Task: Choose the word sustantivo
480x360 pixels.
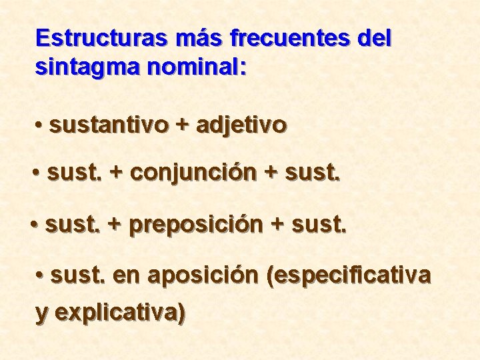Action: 109,125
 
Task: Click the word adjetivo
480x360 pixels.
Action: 241,125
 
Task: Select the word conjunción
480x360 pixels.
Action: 193,173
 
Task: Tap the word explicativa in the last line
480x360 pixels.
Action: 120,312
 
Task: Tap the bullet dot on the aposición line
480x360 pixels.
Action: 41,275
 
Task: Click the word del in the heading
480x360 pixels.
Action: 374,38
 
